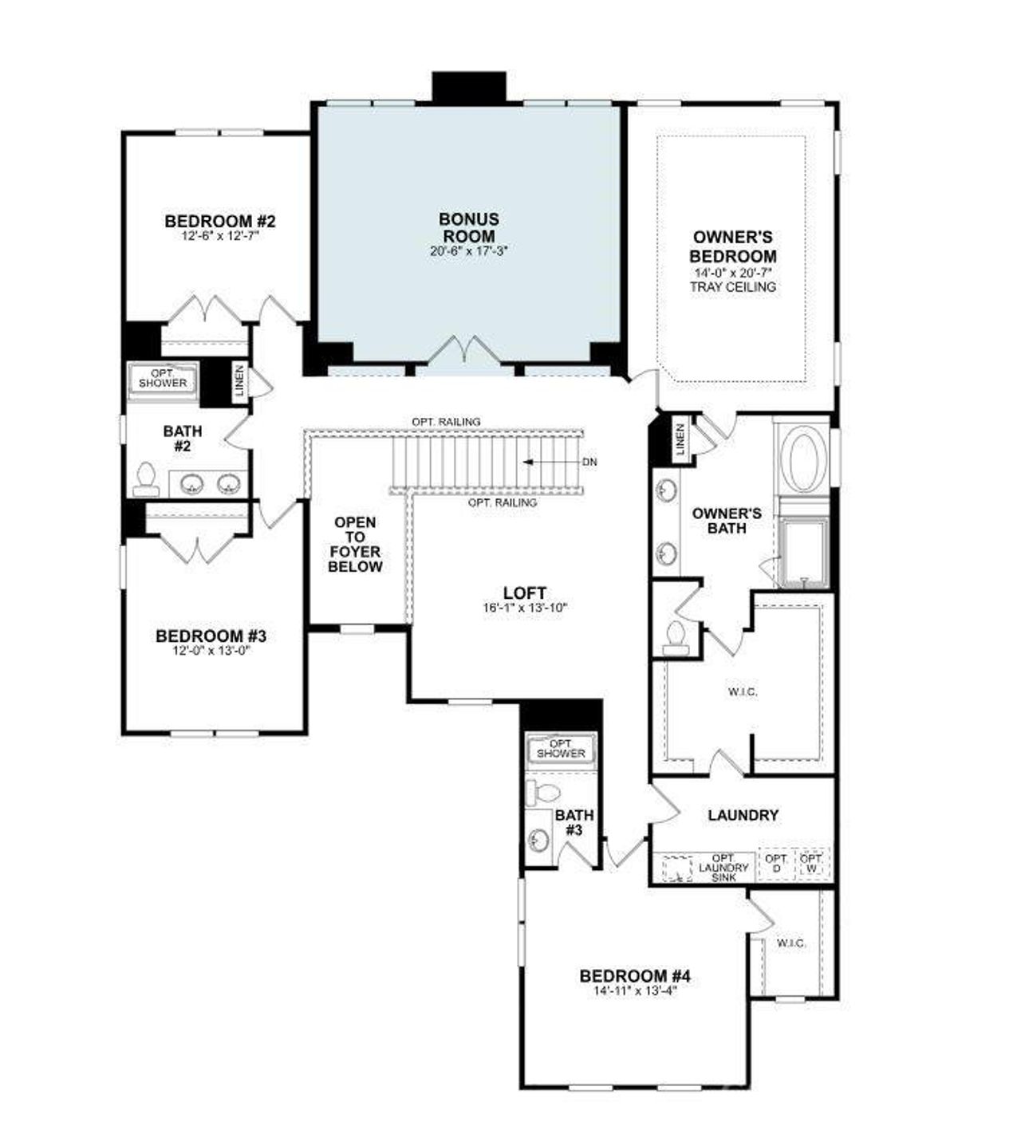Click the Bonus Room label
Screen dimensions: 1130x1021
pyautogui.click(x=469, y=227)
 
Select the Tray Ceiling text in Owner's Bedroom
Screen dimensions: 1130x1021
pyautogui.click(x=732, y=287)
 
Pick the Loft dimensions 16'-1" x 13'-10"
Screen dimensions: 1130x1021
pyautogui.click(x=524, y=608)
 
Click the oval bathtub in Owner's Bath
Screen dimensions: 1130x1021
pyautogui.click(x=802, y=461)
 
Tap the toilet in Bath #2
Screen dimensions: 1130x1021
pyautogui.click(x=146, y=476)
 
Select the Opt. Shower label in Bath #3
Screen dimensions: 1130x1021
pyautogui.click(x=561, y=749)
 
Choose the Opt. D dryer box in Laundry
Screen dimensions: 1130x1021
pyautogui.click(x=776, y=863)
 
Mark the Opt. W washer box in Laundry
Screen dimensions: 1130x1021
pyautogui.click(x=812, y=863)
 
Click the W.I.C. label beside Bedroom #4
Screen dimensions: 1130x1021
pyautogui.click(x=790, y=943)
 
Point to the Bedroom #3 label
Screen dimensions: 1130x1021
pyautogui.click(x=211, y=636)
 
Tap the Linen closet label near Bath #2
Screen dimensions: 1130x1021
pyautogui.click(x=239, y=380)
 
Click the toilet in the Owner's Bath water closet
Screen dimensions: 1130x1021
pyautogui.click(x=676, y=637)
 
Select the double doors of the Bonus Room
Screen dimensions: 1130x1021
pyautogui.click(x=464, y=353)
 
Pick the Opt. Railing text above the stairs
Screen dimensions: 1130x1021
pyautogui.click(x=445, y=421)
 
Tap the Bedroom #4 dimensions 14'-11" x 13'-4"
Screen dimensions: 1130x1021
pyautogui.click(x=634, y=991)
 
